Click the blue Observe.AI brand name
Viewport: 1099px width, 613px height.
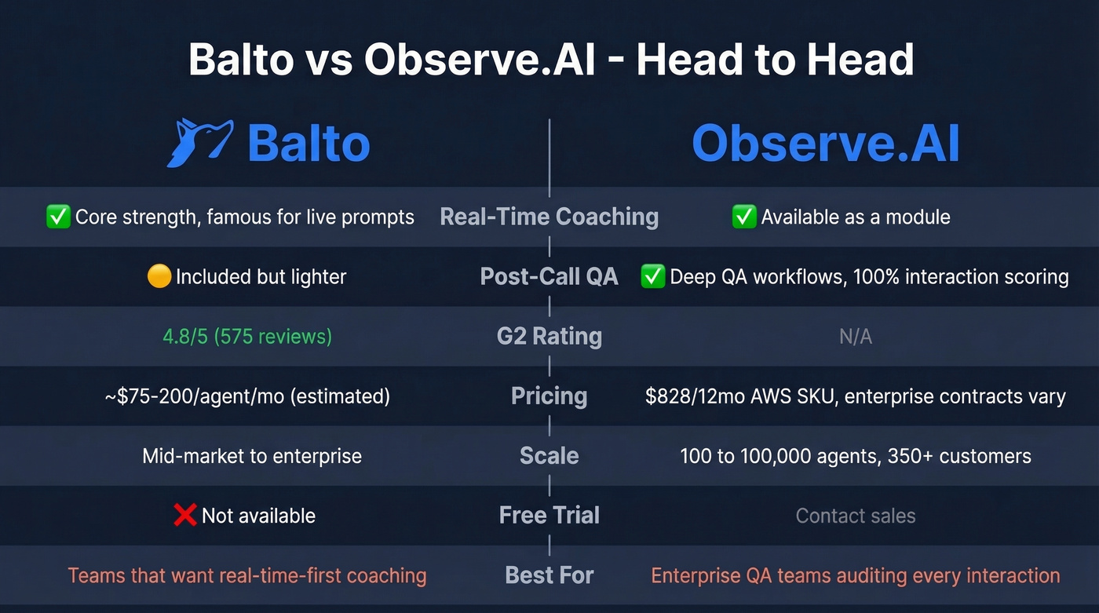coord(826,144)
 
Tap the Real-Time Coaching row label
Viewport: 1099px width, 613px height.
coord(549,217)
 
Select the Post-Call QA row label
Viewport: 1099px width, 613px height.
coord(549,276)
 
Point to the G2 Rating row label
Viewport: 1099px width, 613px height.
coord(549,336)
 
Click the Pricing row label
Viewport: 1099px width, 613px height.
coord(549,396)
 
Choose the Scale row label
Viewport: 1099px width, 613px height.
coord(549,455)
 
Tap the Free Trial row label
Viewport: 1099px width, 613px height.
coord(549,515)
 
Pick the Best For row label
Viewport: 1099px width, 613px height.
coord(549,575)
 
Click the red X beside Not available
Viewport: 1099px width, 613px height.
coord(184,515)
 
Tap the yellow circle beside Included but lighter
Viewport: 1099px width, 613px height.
coord(159,276)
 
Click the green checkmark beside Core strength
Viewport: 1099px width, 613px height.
coord(59,217)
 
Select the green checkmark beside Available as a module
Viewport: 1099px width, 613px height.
coord(743,217)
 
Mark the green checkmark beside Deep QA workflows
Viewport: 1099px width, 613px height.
coord(653,276)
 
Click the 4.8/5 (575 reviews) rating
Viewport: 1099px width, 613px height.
coord(247,337)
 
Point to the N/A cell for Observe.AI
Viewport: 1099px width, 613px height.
coord(855,337)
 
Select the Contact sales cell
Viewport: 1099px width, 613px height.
coord(855,516)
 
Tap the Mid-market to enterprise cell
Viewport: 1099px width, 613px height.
coord(252,456)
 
